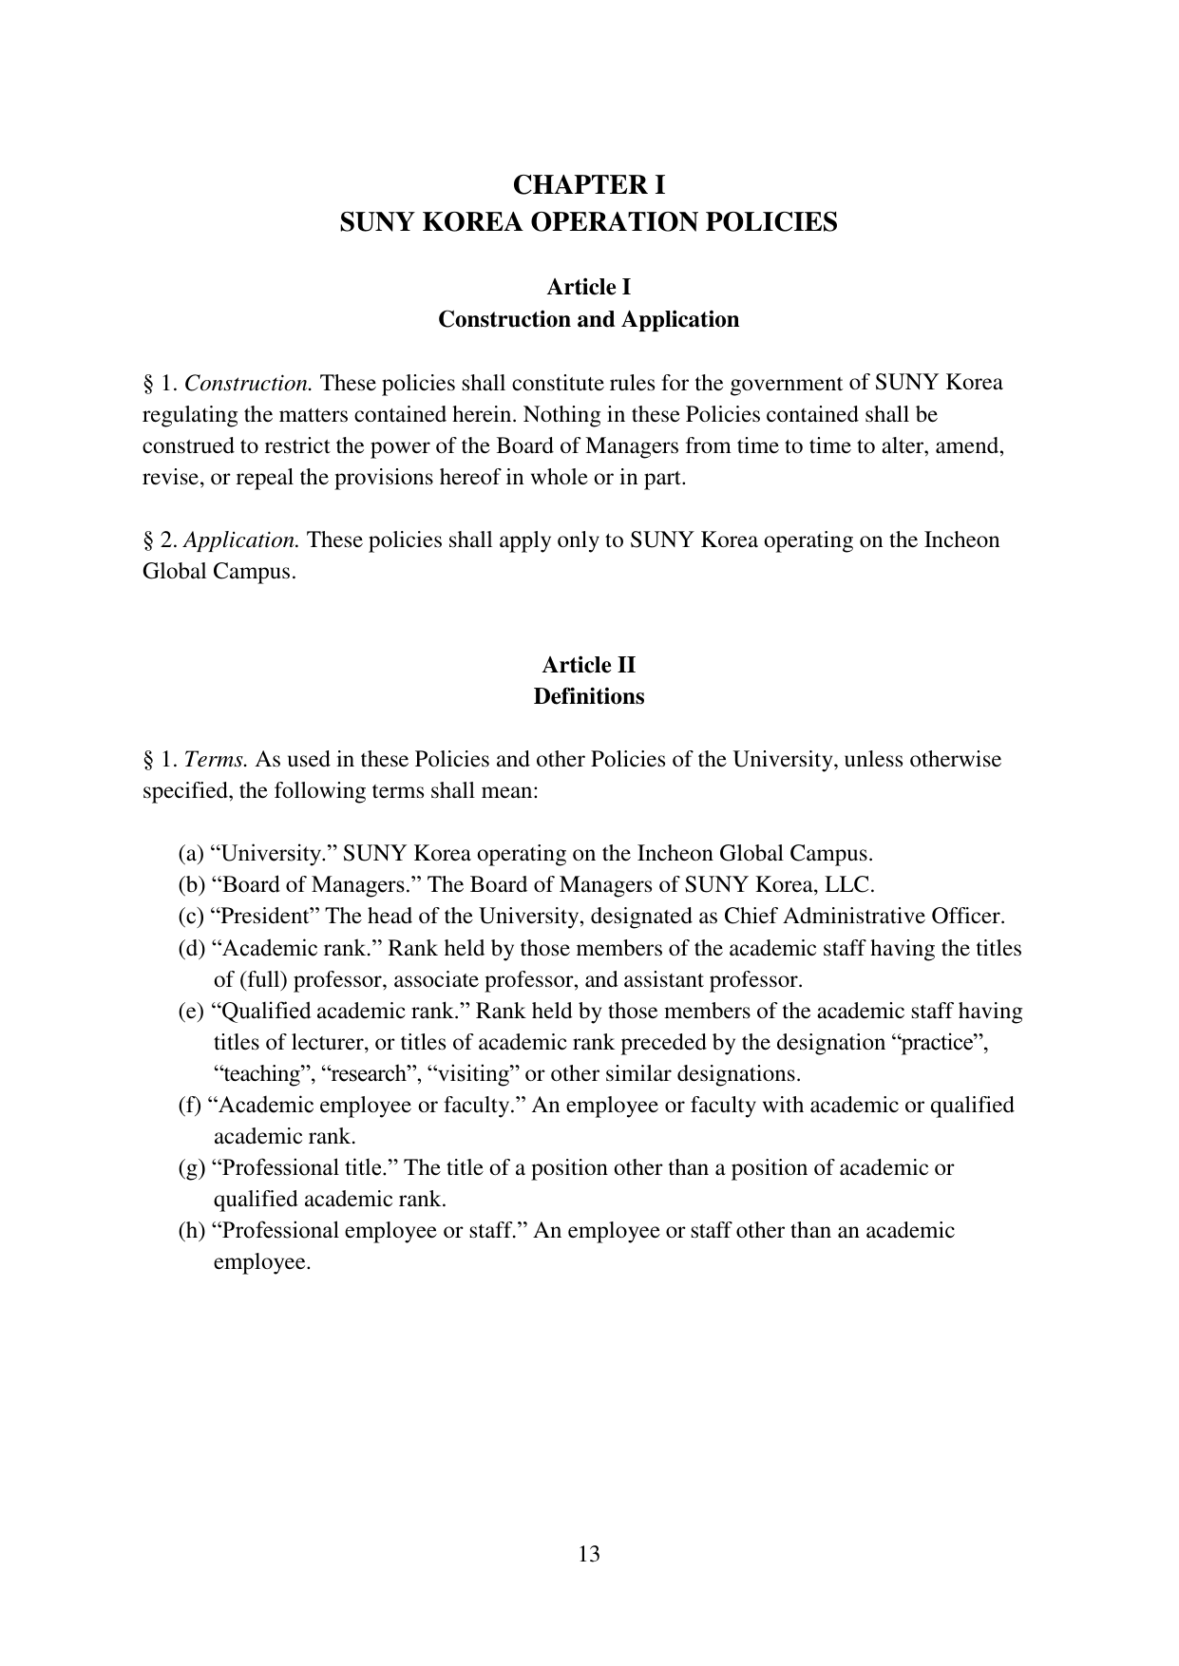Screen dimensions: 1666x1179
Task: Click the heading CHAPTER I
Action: (589, 183)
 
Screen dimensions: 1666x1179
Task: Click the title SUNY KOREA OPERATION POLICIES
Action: (589, 222)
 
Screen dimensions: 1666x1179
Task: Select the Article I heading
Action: (589, 287)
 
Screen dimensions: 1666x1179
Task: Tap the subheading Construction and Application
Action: (589, 319)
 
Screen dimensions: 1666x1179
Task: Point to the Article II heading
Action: (589, 665)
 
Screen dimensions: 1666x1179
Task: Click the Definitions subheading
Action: (589, 696)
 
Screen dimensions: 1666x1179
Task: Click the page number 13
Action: (589, 1554)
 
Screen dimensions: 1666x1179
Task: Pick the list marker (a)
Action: (191, 854)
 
